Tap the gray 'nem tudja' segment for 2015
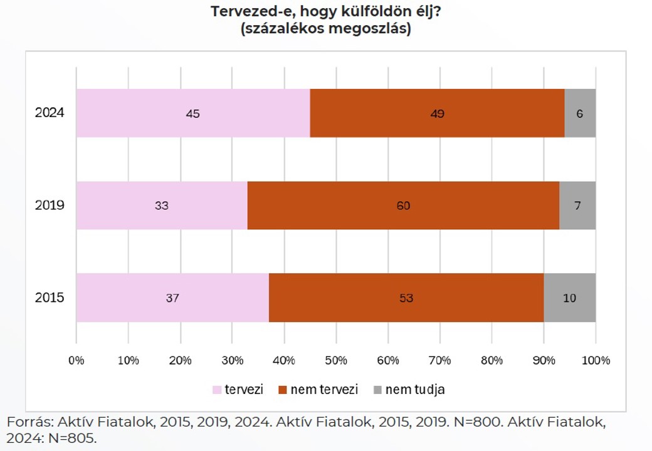tap(569, 298)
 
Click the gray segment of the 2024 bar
tap(580, 113)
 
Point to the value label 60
tap(403, 205)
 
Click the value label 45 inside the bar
tap(192, 114)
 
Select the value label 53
tap(406, 298)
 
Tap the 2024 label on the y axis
tap(50, 113)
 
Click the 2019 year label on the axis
tap(50, 205)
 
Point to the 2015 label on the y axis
tap(50, 298)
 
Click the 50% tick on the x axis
tap(336, 360)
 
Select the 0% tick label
tap(76, 360)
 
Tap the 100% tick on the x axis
tap(595, 360)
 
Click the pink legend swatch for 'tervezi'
tap(218, 390)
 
